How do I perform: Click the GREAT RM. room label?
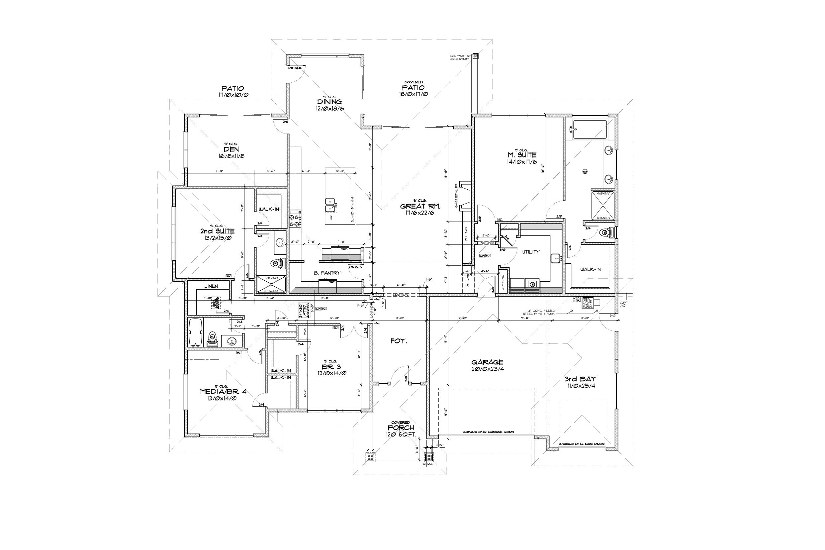(x=420, y=206)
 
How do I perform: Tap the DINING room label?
(x=329, y=102)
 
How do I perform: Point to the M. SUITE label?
(x=521, y=155)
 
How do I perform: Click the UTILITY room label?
(x=531, y=252)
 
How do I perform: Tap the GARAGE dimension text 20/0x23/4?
(x=488, y=369)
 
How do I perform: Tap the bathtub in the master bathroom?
(x=589, y=130)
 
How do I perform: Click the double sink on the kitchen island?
(x=330, y=205)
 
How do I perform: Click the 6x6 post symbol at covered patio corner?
(x=476, y=56)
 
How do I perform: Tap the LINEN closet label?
(x=211, y=286)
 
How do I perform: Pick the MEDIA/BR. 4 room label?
(x=223, y=392)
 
